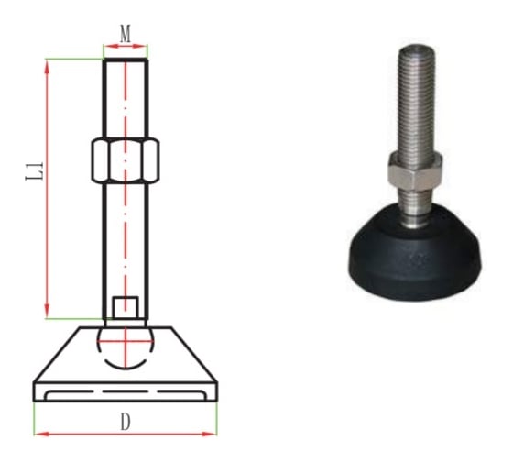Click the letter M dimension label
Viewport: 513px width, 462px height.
pyautogui.click(x=126, y=33)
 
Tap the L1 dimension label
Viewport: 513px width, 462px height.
pyautogui.click(x=35, y=170)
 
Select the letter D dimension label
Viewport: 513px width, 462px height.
pyautogui.click(x=126, y=422)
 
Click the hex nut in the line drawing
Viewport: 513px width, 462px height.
pyautogui.click(x=126, y=160)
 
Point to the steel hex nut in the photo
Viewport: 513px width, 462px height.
pyautogui.click(x=415, y=172)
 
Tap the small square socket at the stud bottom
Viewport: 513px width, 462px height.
pyautogui.click(x=126, y=307)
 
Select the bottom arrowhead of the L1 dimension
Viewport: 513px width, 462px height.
pyautogui.click(x=47, y=311)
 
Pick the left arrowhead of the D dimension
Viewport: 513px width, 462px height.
pyautogui.click(x=42, y=434)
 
